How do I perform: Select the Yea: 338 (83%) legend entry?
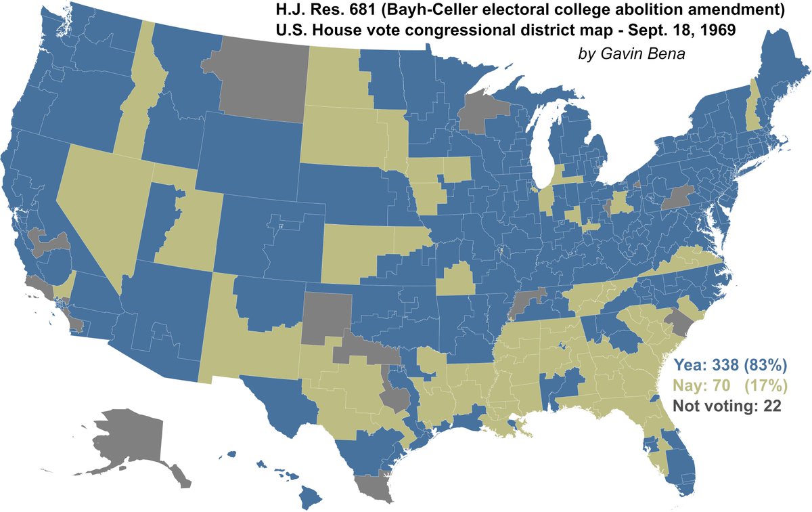point(729,366)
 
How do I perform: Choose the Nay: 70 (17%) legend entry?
point(729,387)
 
